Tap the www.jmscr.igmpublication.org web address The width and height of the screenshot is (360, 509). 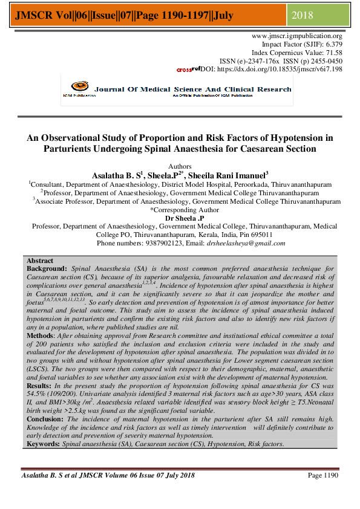[296, 36]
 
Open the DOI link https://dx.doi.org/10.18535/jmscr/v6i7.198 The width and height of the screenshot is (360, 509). [279, 70]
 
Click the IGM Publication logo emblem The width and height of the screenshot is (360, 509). [79, 88]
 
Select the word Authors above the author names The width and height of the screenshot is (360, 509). [180, 166]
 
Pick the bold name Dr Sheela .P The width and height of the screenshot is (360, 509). [184, 218]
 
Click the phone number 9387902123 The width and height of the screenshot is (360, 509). [145, 243]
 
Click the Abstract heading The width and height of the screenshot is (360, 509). [41, 259]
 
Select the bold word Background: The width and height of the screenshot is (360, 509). [47, 267]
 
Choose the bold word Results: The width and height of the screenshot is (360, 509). [41, 385]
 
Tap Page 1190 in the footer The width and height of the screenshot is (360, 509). [323, 476]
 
